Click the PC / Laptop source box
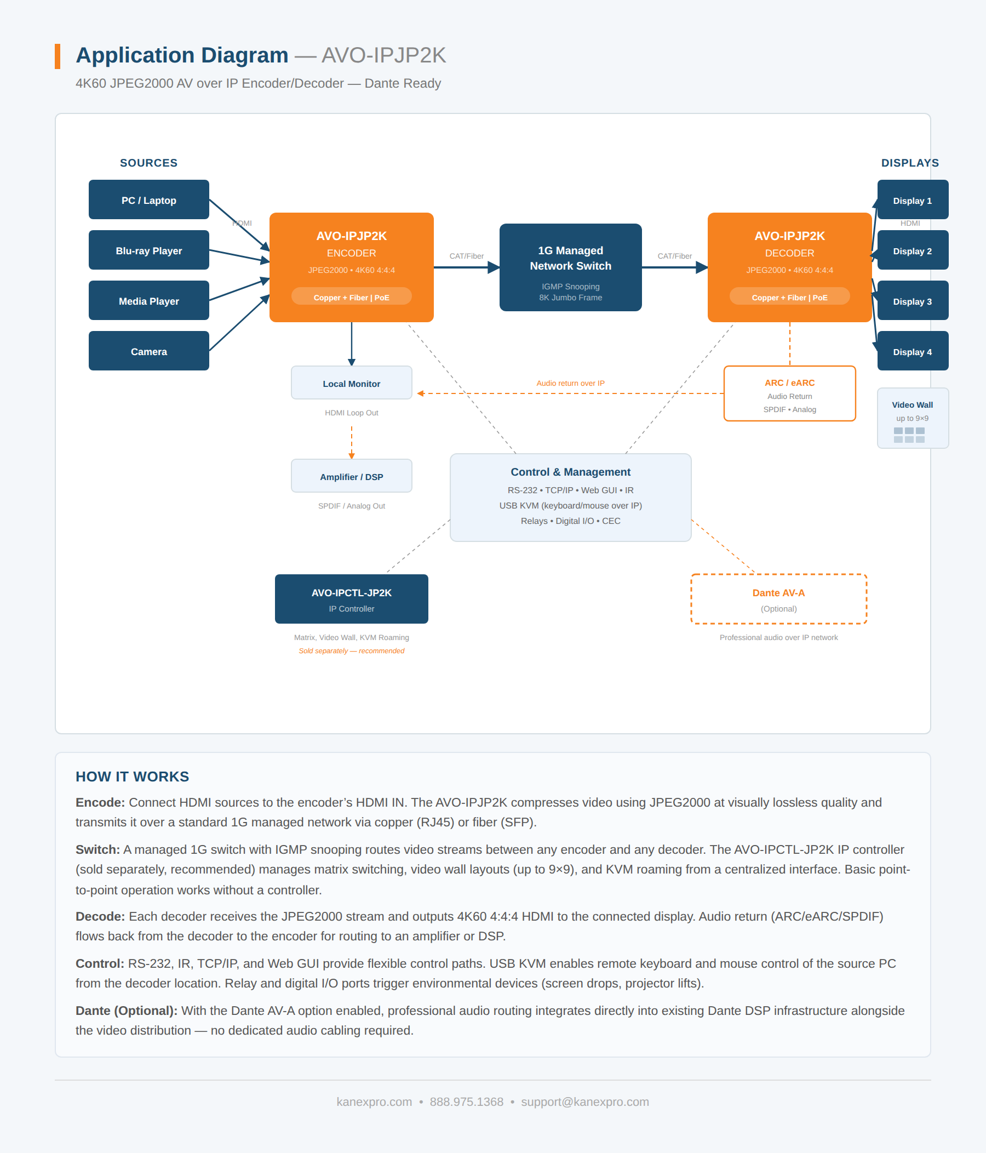(x=148, y=200)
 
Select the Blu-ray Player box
(x=148, y=250)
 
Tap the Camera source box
(x=148, y=351)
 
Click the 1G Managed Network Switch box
(x=570, y=267)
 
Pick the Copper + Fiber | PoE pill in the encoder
(x=351, y=296)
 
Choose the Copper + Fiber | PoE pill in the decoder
(x=789, y=296)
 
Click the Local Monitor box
(x=351, y=383)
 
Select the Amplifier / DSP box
(x=351, y=476)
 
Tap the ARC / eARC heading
(x=789, y=383)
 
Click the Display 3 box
(x=912, y=301)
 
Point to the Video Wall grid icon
(x=909, y=435)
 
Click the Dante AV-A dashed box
(x=778, y=599)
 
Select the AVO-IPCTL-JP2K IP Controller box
(x=351, y=599)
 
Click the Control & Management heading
(x=570, y=471)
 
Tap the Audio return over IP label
(x=570, y=383)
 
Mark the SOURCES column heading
(x=148, y=163)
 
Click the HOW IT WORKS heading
(x=133, y=776)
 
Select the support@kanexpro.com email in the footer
(x=584, y=1101)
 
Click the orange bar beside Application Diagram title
(x=58, y=56)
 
